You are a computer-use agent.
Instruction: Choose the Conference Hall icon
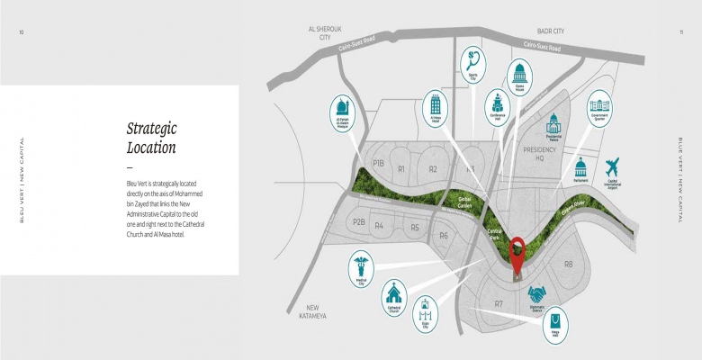pyautogui.click(x=497, y=100)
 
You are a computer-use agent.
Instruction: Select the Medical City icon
pyautogui.click(x=361, y=266)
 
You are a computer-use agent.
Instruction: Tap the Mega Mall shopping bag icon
pyautogui.click(x=556, y=320)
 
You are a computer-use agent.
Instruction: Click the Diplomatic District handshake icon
pyautogui.click(x=538, y=293)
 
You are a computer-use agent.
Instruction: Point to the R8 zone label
pyautogui.click(x=568, y=264)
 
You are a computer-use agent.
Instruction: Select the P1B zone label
pyautogui.click(x=378, y=164)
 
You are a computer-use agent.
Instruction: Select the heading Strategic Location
pyautogui.click(x=151, y=138)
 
